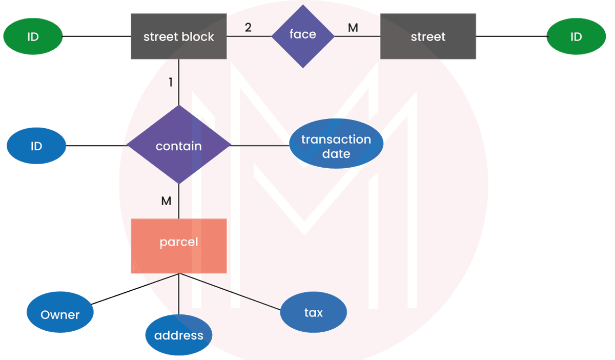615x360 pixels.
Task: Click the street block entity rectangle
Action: click(179, 36)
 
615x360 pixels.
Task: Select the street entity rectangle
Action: click(428, 36)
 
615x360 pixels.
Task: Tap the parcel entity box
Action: click(179, 246)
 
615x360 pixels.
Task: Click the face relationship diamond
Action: click(303, 36)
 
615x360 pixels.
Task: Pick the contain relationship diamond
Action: click(179, 145)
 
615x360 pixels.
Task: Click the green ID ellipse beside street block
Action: click(33, 36)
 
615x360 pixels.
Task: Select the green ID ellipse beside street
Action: click(576, 36)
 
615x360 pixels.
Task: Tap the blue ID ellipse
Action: click(36, 146)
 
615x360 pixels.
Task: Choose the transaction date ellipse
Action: click(336, 144)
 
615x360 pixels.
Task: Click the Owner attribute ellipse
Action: click(60, 312)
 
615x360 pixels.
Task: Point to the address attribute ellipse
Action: click(179, 335)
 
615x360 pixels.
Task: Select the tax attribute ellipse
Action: click(314, 312)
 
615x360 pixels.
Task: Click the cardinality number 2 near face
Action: click(248, 28)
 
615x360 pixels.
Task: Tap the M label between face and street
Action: click(353, 28)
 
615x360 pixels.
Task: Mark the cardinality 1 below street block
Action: click(171, 82)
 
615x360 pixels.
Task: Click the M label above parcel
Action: click(166, 201)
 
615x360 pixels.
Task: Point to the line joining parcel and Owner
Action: click(135, 289)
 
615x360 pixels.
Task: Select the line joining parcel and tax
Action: click(230, 292)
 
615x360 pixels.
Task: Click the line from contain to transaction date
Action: click(260, 146)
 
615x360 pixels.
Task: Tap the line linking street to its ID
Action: click(512, 36)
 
